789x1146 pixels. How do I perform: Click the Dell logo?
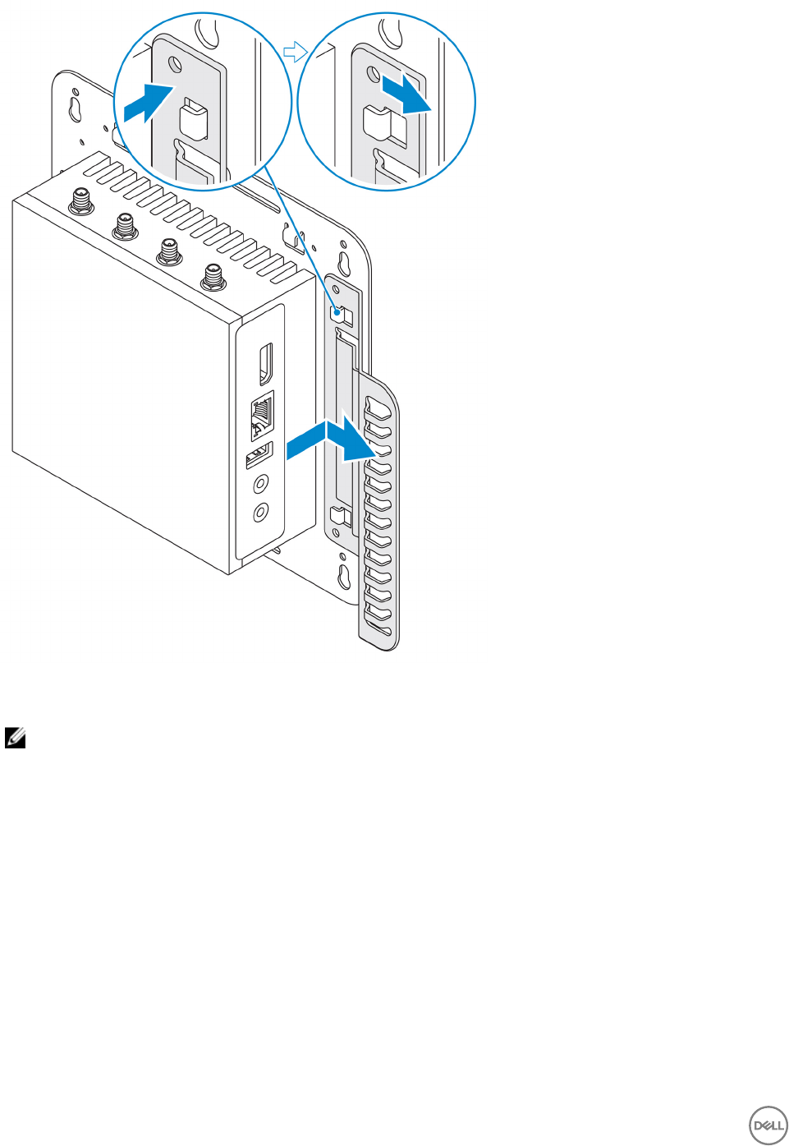click(x=768, y=1125)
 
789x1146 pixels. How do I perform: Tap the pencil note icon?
click(x=15, y=738)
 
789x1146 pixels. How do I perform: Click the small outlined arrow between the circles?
click(x=294, y=53)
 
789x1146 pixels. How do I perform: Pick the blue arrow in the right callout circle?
click(x=406, y=94)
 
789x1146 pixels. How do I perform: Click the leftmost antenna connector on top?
click(x=81, y=200)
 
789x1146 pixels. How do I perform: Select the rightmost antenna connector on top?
click(x=213, y=277)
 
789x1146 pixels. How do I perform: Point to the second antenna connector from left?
click(x=125, y=224)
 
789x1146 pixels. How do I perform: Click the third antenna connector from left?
click(x=169, y=251)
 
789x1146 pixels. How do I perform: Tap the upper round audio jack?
click(x=261, y=484)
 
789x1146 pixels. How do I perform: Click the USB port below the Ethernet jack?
click(x=259, y=454)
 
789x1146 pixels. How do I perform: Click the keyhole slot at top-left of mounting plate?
click(x=75, y=108)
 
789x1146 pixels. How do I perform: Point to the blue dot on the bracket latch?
click(x=336, y=312)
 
